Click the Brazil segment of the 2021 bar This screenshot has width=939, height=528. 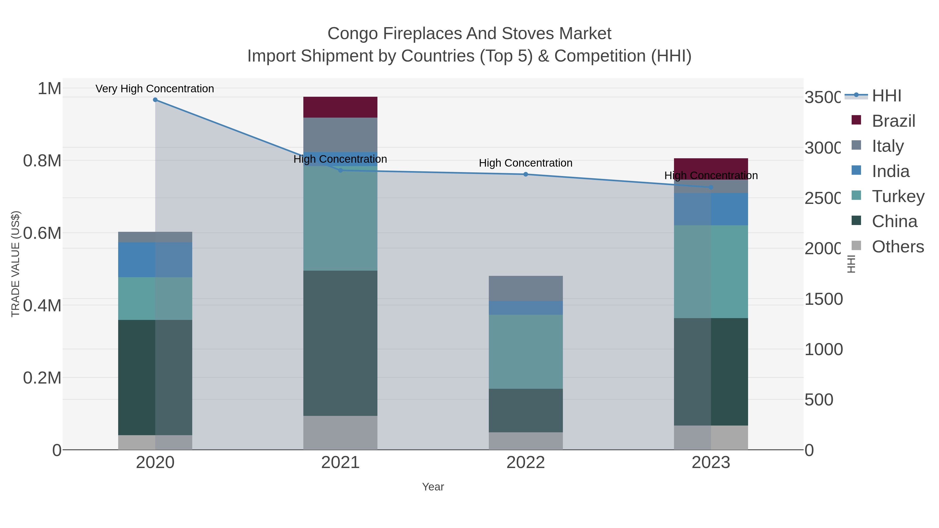[x=340, y=107]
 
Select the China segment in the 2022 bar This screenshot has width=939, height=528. [x=525, y=410]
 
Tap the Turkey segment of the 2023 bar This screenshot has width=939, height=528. [x=711, y=271]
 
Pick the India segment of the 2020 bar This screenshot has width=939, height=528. [x=155, y=259]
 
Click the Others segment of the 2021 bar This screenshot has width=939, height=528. [x=340, y=433]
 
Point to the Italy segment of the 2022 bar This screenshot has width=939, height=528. [x=525, y=288]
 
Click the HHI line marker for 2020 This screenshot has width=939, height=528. [x=155, y=100]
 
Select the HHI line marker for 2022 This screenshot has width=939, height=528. [x=526, y=174]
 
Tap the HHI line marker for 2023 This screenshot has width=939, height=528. [x=711, y=187]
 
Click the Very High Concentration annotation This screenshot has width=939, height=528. [x=155, y=89]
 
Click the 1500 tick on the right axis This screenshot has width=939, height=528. [x=823, y=299]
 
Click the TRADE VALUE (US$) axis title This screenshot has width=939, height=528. [x=16, y=264]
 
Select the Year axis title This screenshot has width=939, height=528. [x=433, y=487]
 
